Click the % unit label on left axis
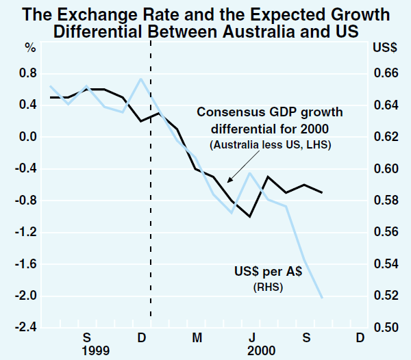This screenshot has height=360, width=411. [x=29, y=48]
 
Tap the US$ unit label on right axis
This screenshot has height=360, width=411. [x=383, y=48]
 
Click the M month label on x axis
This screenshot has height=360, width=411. [x=197, y=337]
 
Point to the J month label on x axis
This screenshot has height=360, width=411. [x=251, y=337]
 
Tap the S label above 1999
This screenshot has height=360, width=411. [x=87, y=337]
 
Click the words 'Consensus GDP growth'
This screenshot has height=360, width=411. [x=270, y=112]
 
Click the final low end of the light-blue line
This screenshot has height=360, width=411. [x=322, y=297]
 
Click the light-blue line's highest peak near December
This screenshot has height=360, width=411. [x=141, y=79]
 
